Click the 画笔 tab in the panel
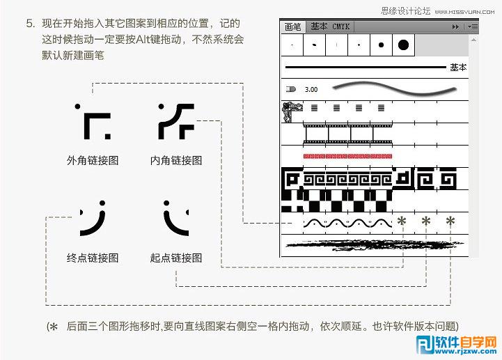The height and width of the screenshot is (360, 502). [293, 26]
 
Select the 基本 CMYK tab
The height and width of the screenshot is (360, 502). [330, 26]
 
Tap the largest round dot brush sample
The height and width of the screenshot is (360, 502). [403, 45]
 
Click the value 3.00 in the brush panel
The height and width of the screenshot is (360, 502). [311, 89]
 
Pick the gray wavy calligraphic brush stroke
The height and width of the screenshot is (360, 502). [393, 88]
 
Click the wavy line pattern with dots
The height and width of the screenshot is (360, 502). [347, 223]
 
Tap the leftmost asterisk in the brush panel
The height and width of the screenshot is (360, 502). [401, 222]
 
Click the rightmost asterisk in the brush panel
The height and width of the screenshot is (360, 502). [450, 222]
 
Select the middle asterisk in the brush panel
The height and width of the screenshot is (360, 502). [425, 222]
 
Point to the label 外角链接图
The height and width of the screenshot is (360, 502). [93, 160]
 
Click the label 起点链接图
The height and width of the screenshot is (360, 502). [176, 258]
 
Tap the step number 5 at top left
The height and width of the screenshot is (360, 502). [30, 23]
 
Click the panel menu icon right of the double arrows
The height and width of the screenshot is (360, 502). [473, 26]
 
